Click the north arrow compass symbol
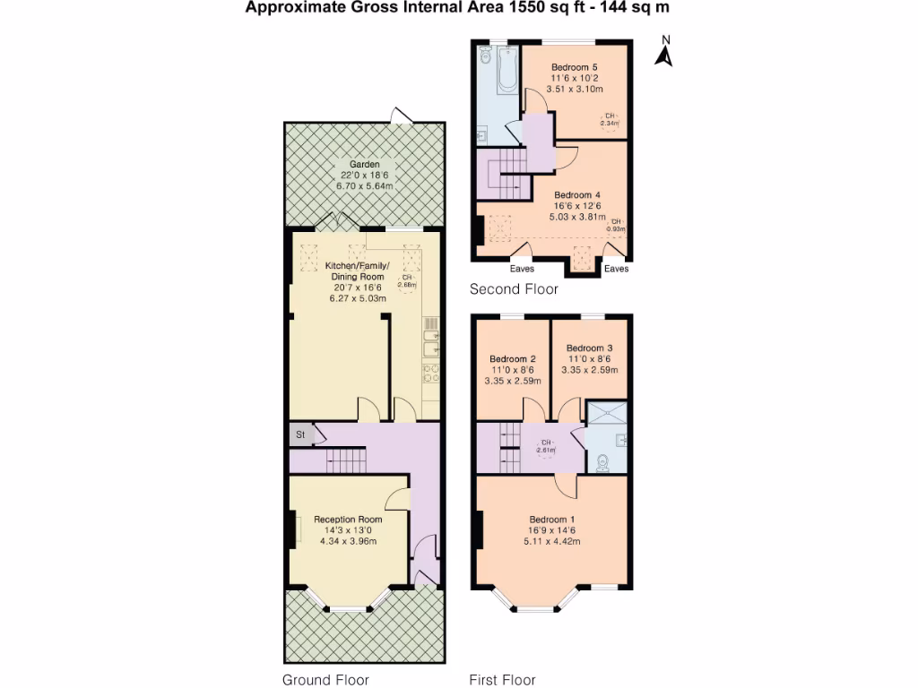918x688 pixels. coord(664,52)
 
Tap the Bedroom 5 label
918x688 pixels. coord(574,68)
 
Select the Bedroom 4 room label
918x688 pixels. coord(576,195)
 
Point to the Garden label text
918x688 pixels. coord(364,165)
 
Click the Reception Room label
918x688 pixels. coord(348,520)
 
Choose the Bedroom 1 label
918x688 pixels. coord(551,520)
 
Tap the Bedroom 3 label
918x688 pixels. coord(589,348)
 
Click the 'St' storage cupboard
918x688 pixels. coord(299,435)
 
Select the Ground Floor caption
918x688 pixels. coord(325,680)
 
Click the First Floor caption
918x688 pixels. coord(502,680)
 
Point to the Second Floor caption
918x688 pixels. coord(514,289)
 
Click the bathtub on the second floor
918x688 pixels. coord(507,71)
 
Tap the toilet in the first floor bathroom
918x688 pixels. coord(603,461)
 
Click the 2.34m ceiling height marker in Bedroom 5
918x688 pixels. coord(610,120)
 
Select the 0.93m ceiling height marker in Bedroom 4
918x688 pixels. coord(616,224)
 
